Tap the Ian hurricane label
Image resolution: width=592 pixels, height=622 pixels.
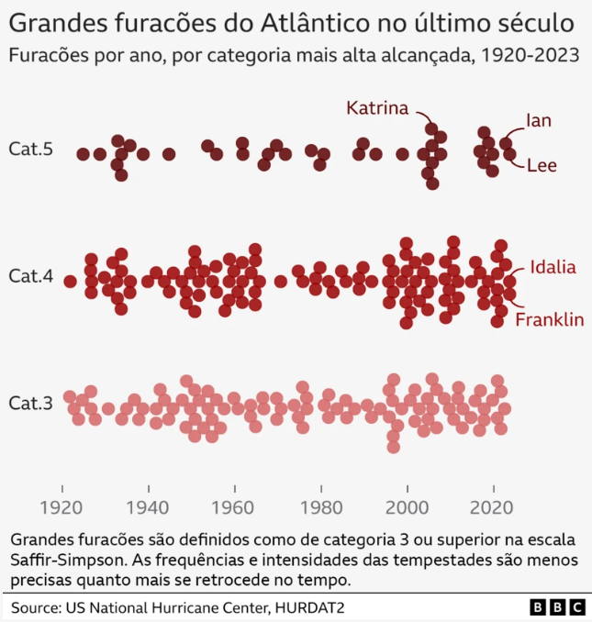pos(539,120)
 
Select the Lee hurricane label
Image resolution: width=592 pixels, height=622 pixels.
pos(542,165)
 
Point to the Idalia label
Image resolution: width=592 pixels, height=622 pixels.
pos(553,267)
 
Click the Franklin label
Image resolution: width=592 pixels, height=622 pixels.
pos(549,319)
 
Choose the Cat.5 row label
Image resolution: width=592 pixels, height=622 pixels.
pos(30,150)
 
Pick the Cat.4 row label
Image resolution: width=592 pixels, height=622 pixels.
pos(30,274)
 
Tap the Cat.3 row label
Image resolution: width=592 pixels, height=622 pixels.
pos(30,403)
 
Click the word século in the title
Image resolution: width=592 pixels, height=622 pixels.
pos(540,22)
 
